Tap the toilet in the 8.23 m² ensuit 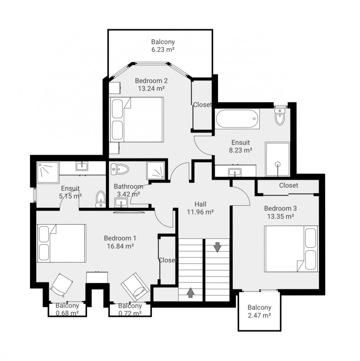pos(280,117)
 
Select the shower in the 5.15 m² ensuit pos(48,172)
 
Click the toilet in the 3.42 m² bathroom pos(120,169)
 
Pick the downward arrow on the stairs pos(217,247)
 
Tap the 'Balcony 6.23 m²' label pos(163,46)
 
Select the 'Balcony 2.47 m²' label pos(259,311)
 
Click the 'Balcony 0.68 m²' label pos(67,309)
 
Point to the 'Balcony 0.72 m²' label pos(130,309)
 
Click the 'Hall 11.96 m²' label pos(200,208)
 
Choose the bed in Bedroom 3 pos(291,249)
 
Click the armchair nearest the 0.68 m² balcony pos(61,285)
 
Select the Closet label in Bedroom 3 pos(288,185)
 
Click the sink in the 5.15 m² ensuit pos(82,167)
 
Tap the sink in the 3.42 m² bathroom pos(120,202)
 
